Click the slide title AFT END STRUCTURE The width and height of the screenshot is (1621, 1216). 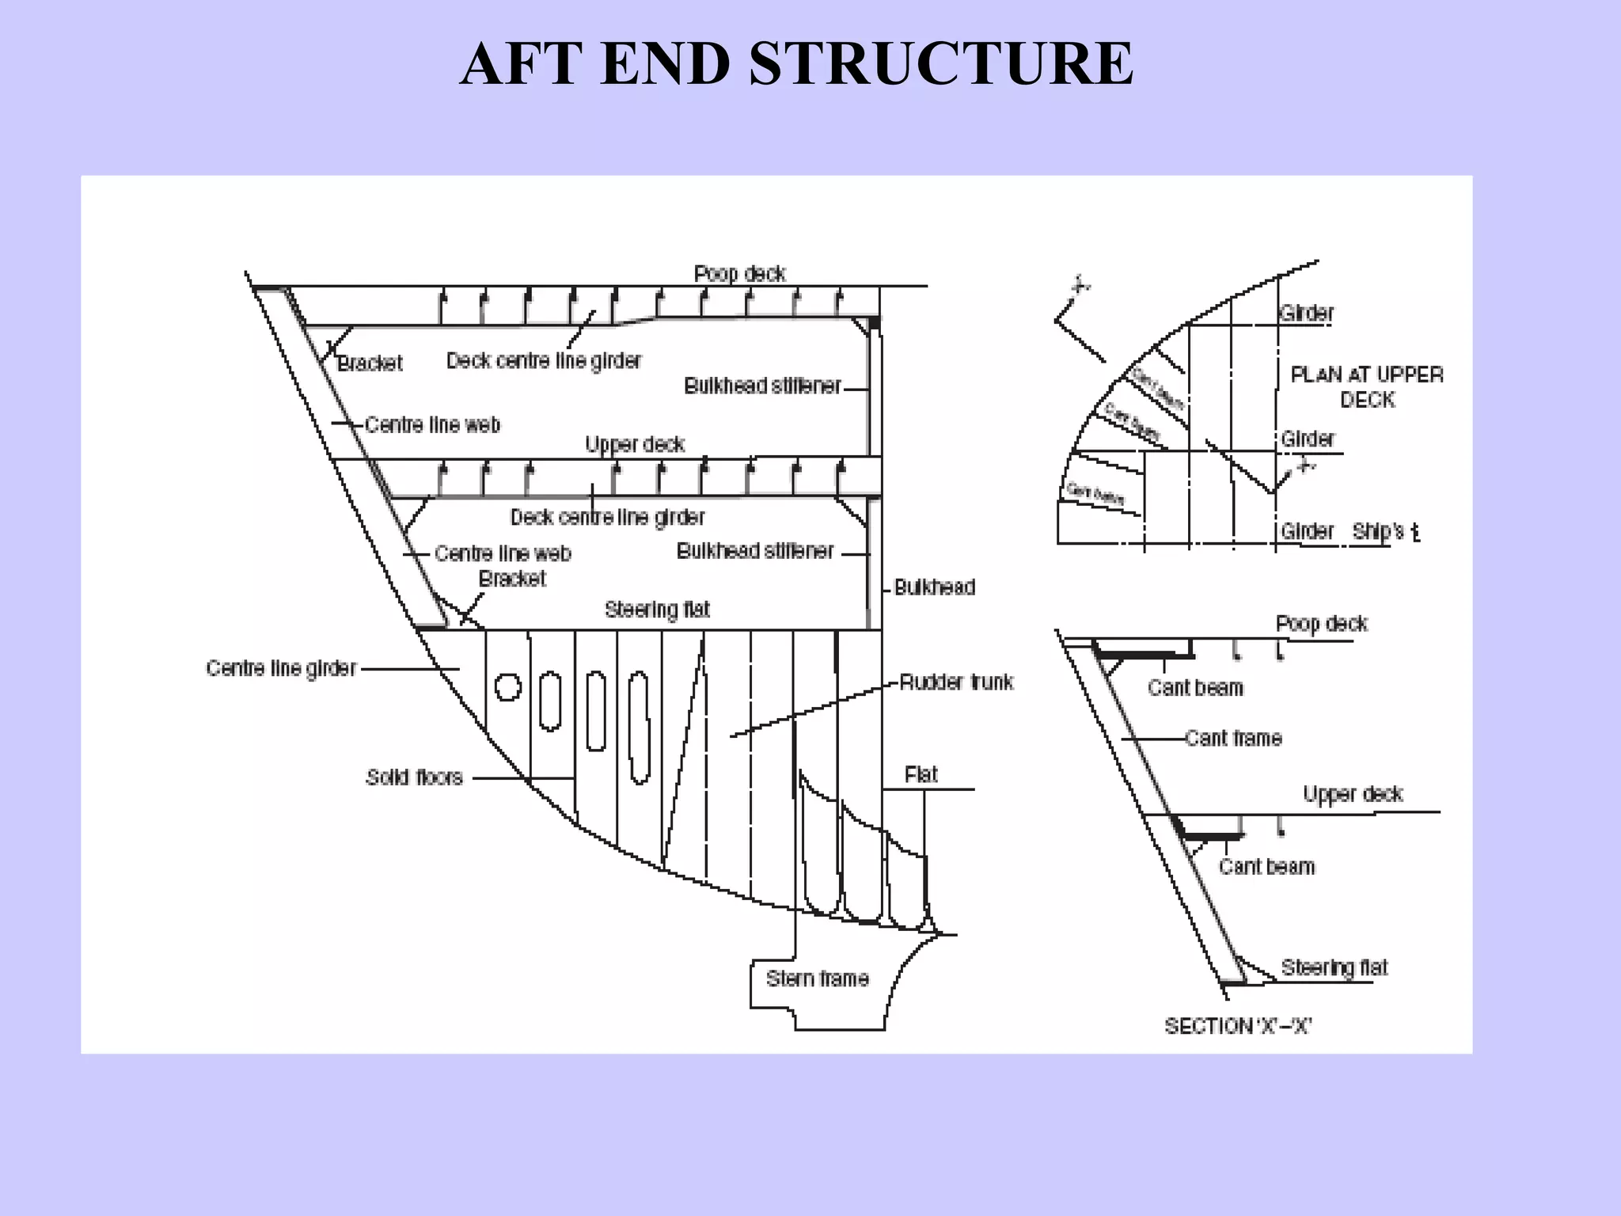796,64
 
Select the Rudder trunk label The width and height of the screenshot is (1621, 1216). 956,682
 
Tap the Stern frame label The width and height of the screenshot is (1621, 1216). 817,978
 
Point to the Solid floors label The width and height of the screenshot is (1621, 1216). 414,777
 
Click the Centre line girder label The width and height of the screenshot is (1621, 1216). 281,668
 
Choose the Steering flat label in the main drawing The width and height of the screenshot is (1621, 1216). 657,610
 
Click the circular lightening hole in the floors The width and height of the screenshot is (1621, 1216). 508,686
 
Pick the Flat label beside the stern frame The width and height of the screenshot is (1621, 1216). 921,774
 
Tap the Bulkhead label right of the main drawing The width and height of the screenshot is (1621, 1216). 934,587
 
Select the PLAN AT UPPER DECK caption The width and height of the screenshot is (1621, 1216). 1367,386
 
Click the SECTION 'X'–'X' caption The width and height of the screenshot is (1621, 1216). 1238,1026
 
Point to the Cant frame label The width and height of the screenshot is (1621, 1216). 1233,738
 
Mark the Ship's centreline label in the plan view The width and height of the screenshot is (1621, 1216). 1385,531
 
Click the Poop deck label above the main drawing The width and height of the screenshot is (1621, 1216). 739,274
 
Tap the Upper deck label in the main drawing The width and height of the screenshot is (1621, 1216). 635,444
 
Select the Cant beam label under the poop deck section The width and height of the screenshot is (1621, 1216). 1195,687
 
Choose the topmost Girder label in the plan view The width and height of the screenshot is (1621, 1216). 1307,313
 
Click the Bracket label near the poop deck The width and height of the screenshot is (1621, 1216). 370,363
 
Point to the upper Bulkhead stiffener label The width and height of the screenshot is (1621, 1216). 762,386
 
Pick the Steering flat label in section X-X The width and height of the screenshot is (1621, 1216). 1334,967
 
